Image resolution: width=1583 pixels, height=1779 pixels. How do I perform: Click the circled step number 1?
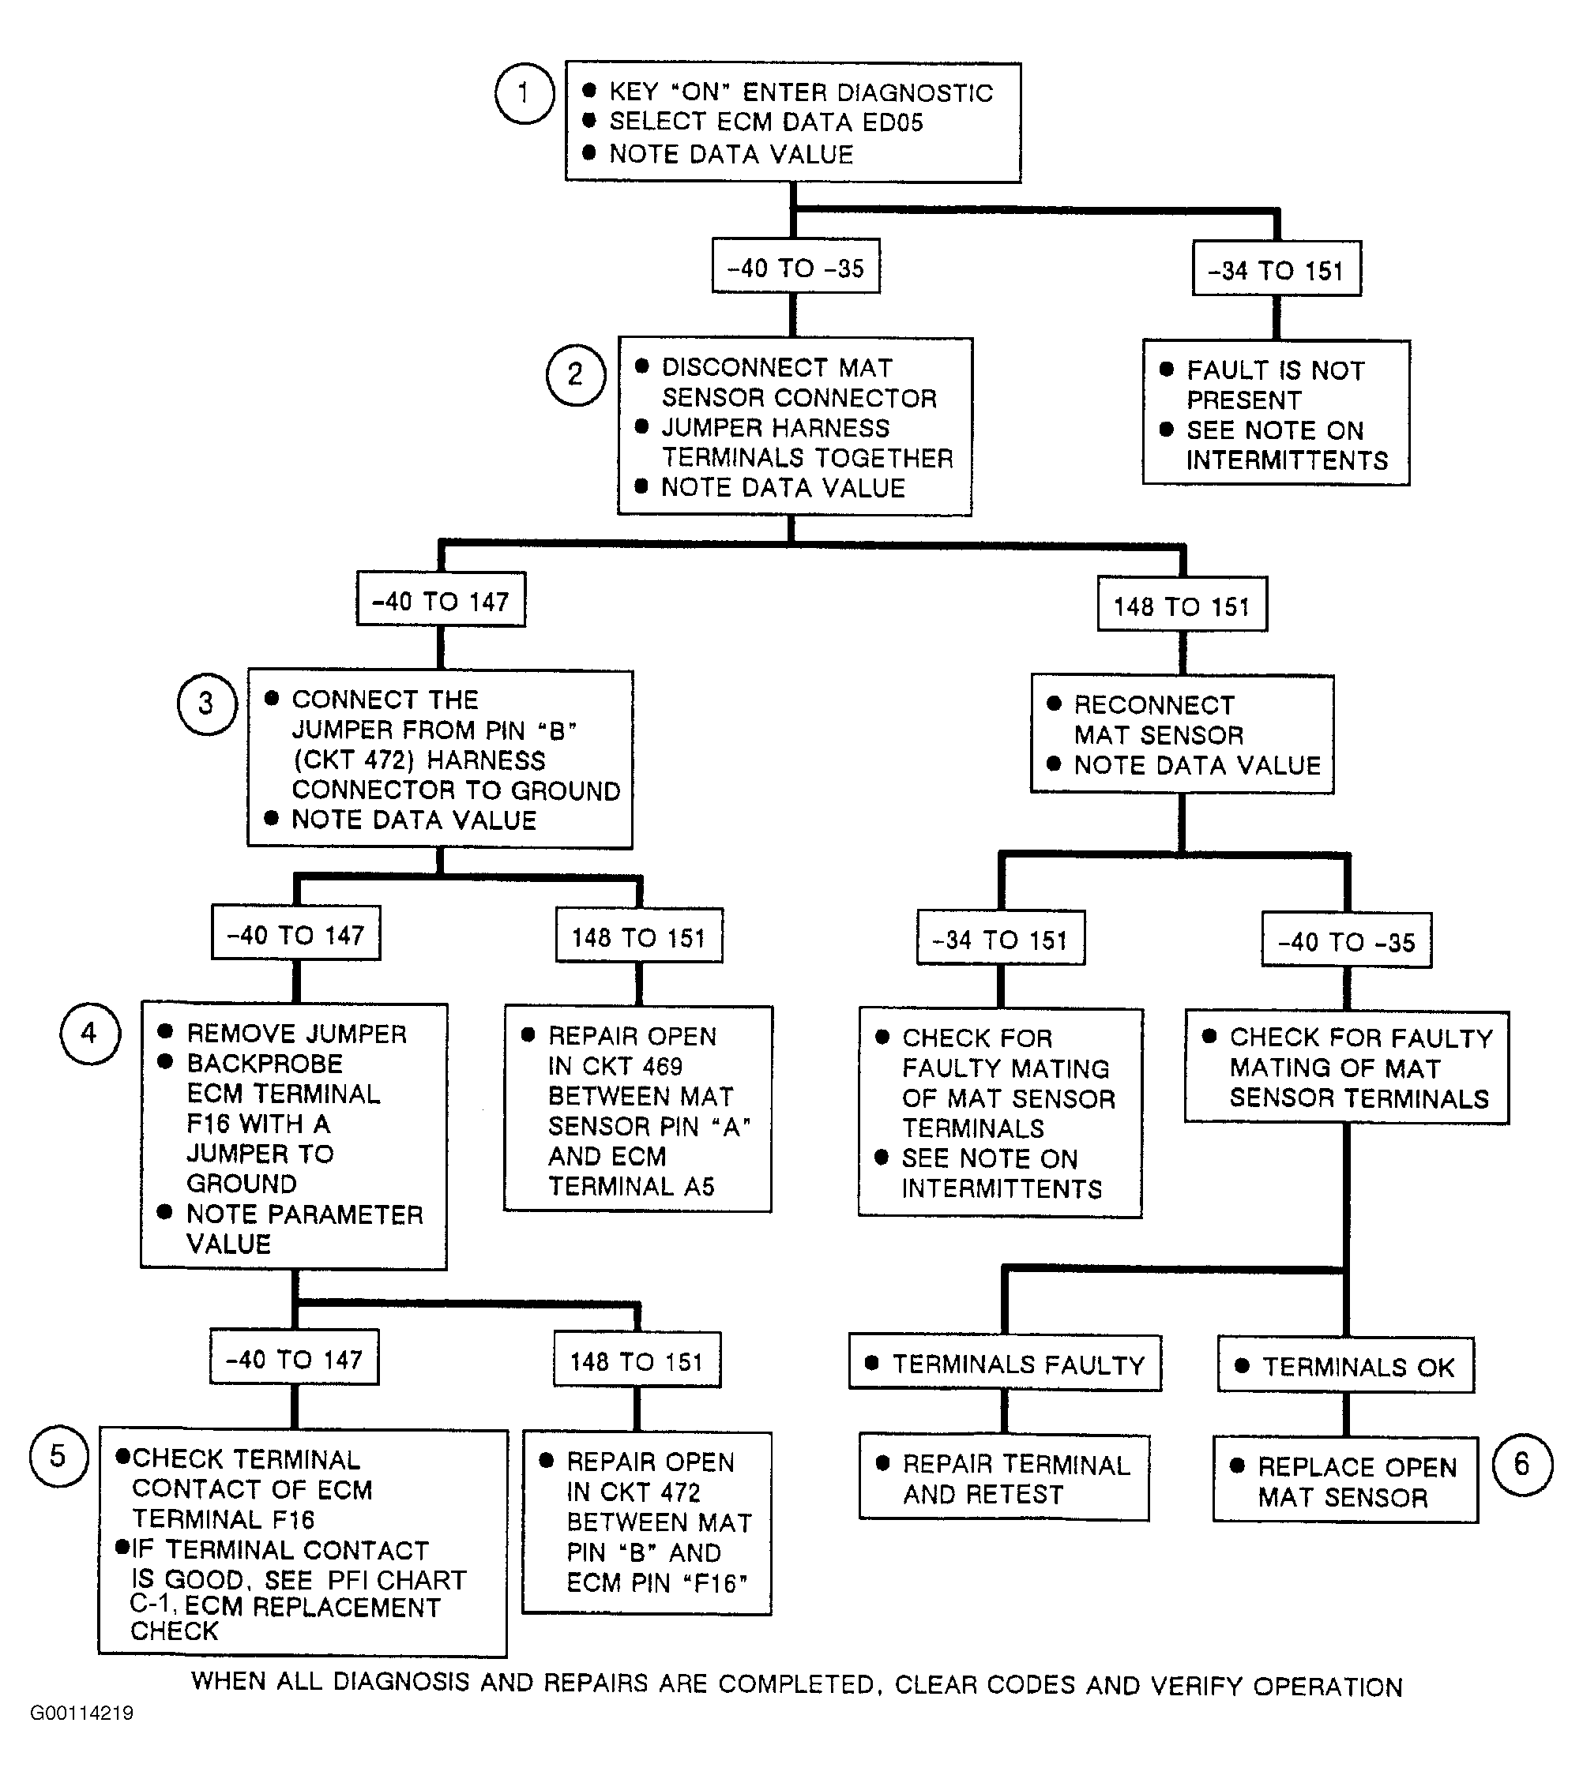pyautogui.click(x=525, y=93)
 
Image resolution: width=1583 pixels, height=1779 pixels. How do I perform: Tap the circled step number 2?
pyautogui.click(x=576, y=375)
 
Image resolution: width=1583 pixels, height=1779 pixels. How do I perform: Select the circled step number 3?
pyautogui.click(x=207, y=704)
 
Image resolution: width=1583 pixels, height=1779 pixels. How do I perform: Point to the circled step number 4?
pyautogui.click(x=90, y=1033)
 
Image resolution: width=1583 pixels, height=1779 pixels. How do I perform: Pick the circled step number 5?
pyautogui.click(x=58, y=1455)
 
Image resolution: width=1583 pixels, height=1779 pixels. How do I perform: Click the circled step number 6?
pyautogui.click(x=1522, y=1465)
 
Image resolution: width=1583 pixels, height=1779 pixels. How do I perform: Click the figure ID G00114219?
pyautogui.click(x=82, y=1713)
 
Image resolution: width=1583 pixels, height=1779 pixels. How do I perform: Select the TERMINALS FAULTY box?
pyautogui.click(x=1005, y=1363)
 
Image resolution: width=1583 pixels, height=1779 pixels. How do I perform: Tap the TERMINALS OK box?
pyautogui.click(x=1345, y=1365)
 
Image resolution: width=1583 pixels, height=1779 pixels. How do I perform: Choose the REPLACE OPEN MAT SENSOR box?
pyautogui.click(x=1345, y=1481)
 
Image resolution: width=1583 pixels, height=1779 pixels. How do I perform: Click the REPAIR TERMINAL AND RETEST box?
pyautogui.click(x=1004, y=1478)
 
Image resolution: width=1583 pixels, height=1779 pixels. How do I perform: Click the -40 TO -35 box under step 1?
pyautogui.click(x=796, y=266)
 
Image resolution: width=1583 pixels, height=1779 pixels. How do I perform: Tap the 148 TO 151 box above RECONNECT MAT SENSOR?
pyautogui.click(x=1182, y=604)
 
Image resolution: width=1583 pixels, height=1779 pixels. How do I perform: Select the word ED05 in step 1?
pyautogui.click(x=893, y=122)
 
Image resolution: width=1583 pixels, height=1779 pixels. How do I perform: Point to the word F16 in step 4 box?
pyautogui.click(x=207, y=1124)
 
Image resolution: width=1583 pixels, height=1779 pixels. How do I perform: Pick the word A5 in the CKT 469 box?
pyautogui.click(x=699, y=1186)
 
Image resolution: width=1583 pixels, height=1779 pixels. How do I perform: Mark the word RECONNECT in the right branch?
pyautogui.click(x=1154, y=705)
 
